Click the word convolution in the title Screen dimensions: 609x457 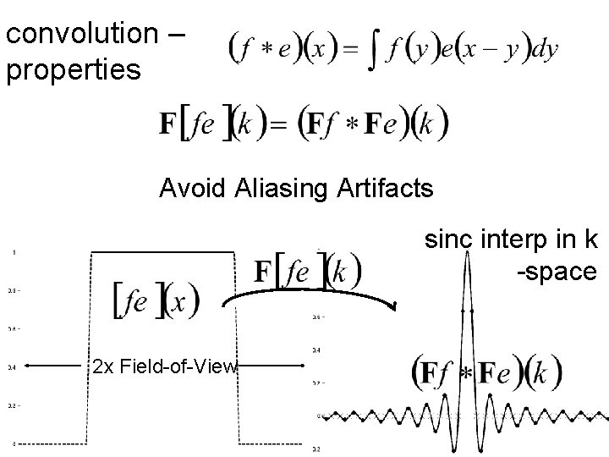click(81, 34)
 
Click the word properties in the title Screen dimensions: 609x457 click(73, 70)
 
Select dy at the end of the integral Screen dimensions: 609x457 click(545, 49)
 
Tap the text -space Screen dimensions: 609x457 click(557, 273)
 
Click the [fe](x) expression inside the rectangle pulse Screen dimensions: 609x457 click(156, 300)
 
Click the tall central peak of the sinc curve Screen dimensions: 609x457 click(467, 254)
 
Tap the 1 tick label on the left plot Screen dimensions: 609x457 click(13, 251)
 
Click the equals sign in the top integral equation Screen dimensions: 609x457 click(348, 49)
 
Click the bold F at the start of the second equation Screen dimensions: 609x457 click(168, 125)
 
